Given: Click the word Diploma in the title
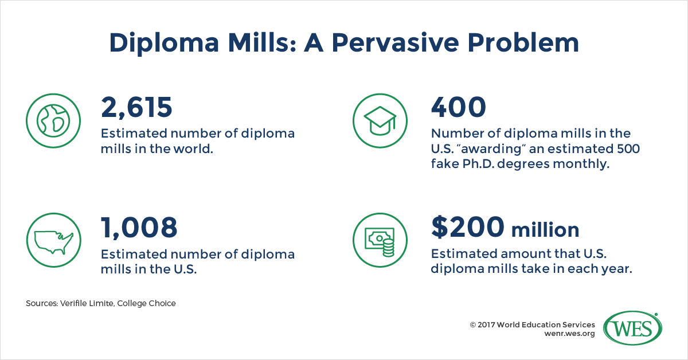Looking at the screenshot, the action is coord(164,44).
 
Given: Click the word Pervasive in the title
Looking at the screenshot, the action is coord(396,42).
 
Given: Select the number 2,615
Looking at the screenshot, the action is coord(136,108).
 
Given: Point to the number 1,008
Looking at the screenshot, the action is coord(139,228).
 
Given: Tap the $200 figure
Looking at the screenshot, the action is coord(467,227).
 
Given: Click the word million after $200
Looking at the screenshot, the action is coord(545,230).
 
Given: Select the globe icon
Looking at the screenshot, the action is coord(53,121).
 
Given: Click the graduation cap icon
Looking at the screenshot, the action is coord(380,121).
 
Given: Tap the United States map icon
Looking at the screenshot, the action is coord(54,240).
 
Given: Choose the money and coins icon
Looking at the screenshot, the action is coord(380,240).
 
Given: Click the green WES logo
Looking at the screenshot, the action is coord(632,328).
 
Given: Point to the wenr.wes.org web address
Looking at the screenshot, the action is coord(569,334).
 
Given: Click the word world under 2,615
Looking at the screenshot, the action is coord(193,148).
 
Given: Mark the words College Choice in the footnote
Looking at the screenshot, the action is coord(147,303).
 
